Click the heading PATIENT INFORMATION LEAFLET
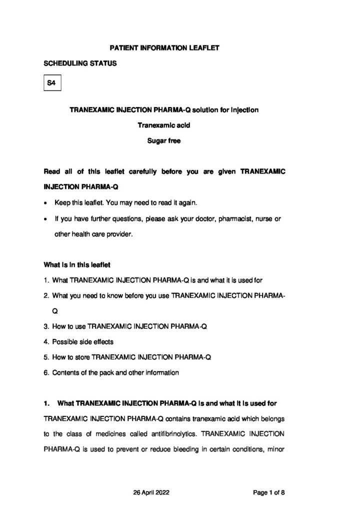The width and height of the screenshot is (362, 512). point(164,48)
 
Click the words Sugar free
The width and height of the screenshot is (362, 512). point(164,141)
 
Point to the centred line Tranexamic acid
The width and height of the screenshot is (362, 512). point(164,125)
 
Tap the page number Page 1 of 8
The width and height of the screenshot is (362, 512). point(269,492)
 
